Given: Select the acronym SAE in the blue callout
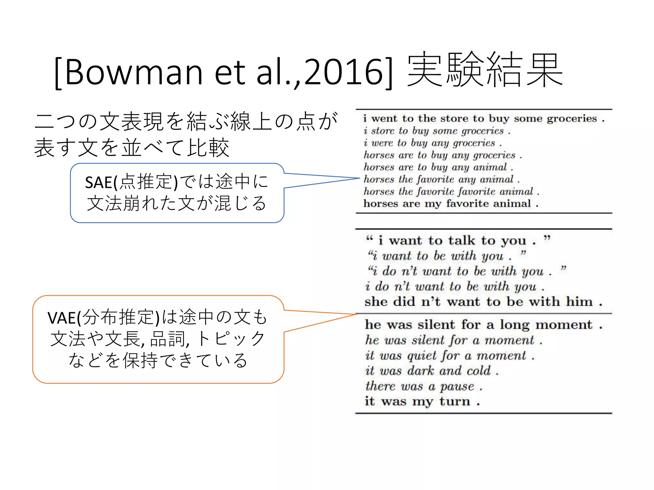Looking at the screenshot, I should [x=99, y=183].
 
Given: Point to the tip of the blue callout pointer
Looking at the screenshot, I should [x=359, y=178].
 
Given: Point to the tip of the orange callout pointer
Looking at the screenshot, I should [x=356, y=314].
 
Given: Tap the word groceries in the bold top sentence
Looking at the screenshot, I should [x=572, y=119].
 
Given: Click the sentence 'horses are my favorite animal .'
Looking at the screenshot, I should [x=451, y=204].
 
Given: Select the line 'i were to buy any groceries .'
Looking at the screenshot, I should [x=432, y=143].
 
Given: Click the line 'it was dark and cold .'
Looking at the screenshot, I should [x=431, y=371].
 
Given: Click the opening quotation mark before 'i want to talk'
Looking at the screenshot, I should [x=369, y=238].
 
